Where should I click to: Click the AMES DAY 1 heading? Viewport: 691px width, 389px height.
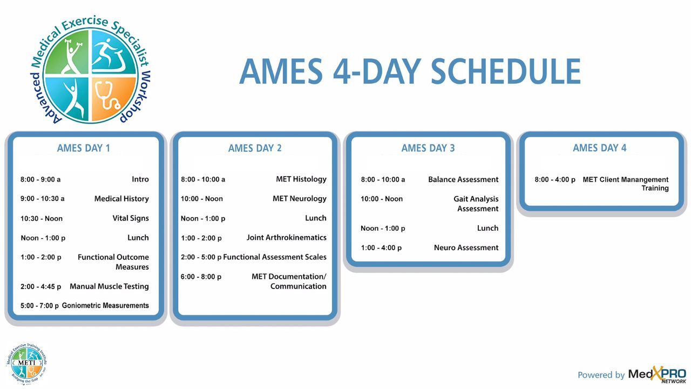83,148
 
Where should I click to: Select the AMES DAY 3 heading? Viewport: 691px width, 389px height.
428,148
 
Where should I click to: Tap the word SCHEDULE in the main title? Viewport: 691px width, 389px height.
506,72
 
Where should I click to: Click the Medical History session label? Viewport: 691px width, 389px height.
121,199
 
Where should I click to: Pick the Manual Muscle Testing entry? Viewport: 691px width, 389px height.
109,287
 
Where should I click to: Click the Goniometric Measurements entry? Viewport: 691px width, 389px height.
105,306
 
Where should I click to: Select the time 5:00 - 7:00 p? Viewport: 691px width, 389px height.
39,306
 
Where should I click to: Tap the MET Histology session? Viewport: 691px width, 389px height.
301,179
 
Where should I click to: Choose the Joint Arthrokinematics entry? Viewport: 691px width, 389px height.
286,238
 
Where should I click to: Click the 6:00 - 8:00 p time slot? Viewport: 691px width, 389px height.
201,277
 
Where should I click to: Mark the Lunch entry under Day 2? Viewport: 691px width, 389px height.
316,218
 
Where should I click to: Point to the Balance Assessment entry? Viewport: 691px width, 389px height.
463,180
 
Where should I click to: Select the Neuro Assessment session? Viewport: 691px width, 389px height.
466,247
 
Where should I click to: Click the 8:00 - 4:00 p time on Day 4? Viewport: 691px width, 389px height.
555,180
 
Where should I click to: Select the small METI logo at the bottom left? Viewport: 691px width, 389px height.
27,364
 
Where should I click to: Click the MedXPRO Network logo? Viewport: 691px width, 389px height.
657,375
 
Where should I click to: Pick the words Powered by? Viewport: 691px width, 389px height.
601,375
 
